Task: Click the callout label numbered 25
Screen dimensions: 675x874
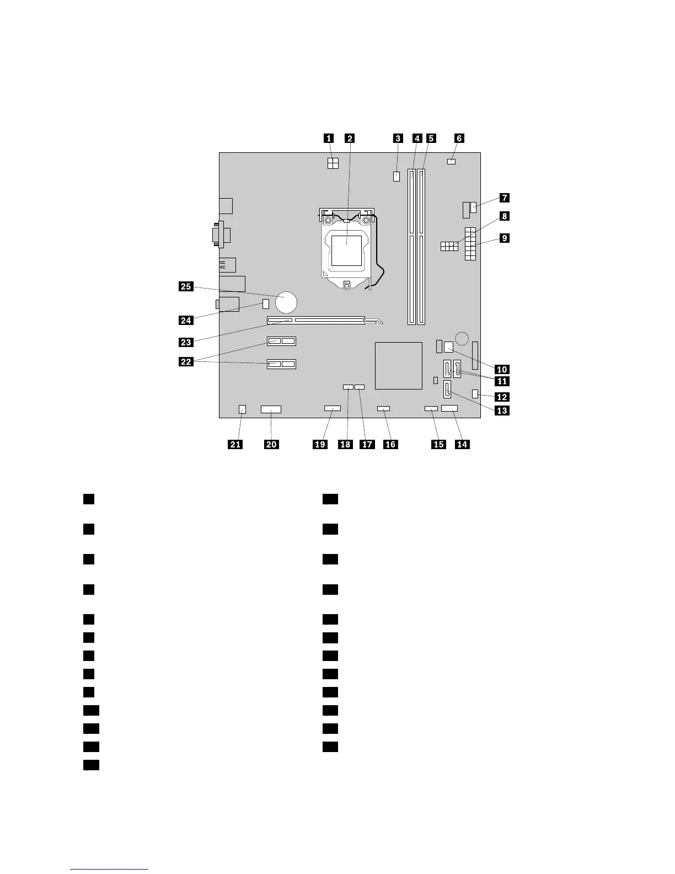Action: click(x=185, y=286)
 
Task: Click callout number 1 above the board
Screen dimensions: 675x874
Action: click(x=328, y=138)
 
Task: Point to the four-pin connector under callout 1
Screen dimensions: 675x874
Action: click(x=333, y=163)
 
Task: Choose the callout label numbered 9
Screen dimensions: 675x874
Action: click(x=503, y=238)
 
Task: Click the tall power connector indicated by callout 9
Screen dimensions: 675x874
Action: click(x=470, y=243)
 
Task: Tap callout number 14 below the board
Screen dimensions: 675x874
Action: click(x=462, y=444)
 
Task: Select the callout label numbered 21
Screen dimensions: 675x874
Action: click(x=235, y=444)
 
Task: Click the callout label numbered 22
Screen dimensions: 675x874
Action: click(x=185, y=362)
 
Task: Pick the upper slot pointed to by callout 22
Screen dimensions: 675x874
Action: click(x=282, y=341)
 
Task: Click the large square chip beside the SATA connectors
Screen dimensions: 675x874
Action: click(x=399, y=365)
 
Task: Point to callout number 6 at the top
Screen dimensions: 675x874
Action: click(x=458, y=138)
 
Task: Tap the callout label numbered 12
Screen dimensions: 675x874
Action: click(x=502, y=397)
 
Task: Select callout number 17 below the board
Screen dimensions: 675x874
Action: click(x=367, y=444)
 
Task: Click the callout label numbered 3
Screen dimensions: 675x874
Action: click(x=398, y=138)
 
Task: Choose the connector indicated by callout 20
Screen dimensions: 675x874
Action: click(x=271, y=409)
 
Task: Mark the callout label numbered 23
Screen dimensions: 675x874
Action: click(x=185, y=342)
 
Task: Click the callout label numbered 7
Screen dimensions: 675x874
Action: click(x=503, y=197)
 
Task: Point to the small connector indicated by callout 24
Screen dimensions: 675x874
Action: click(x=266, y=303)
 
